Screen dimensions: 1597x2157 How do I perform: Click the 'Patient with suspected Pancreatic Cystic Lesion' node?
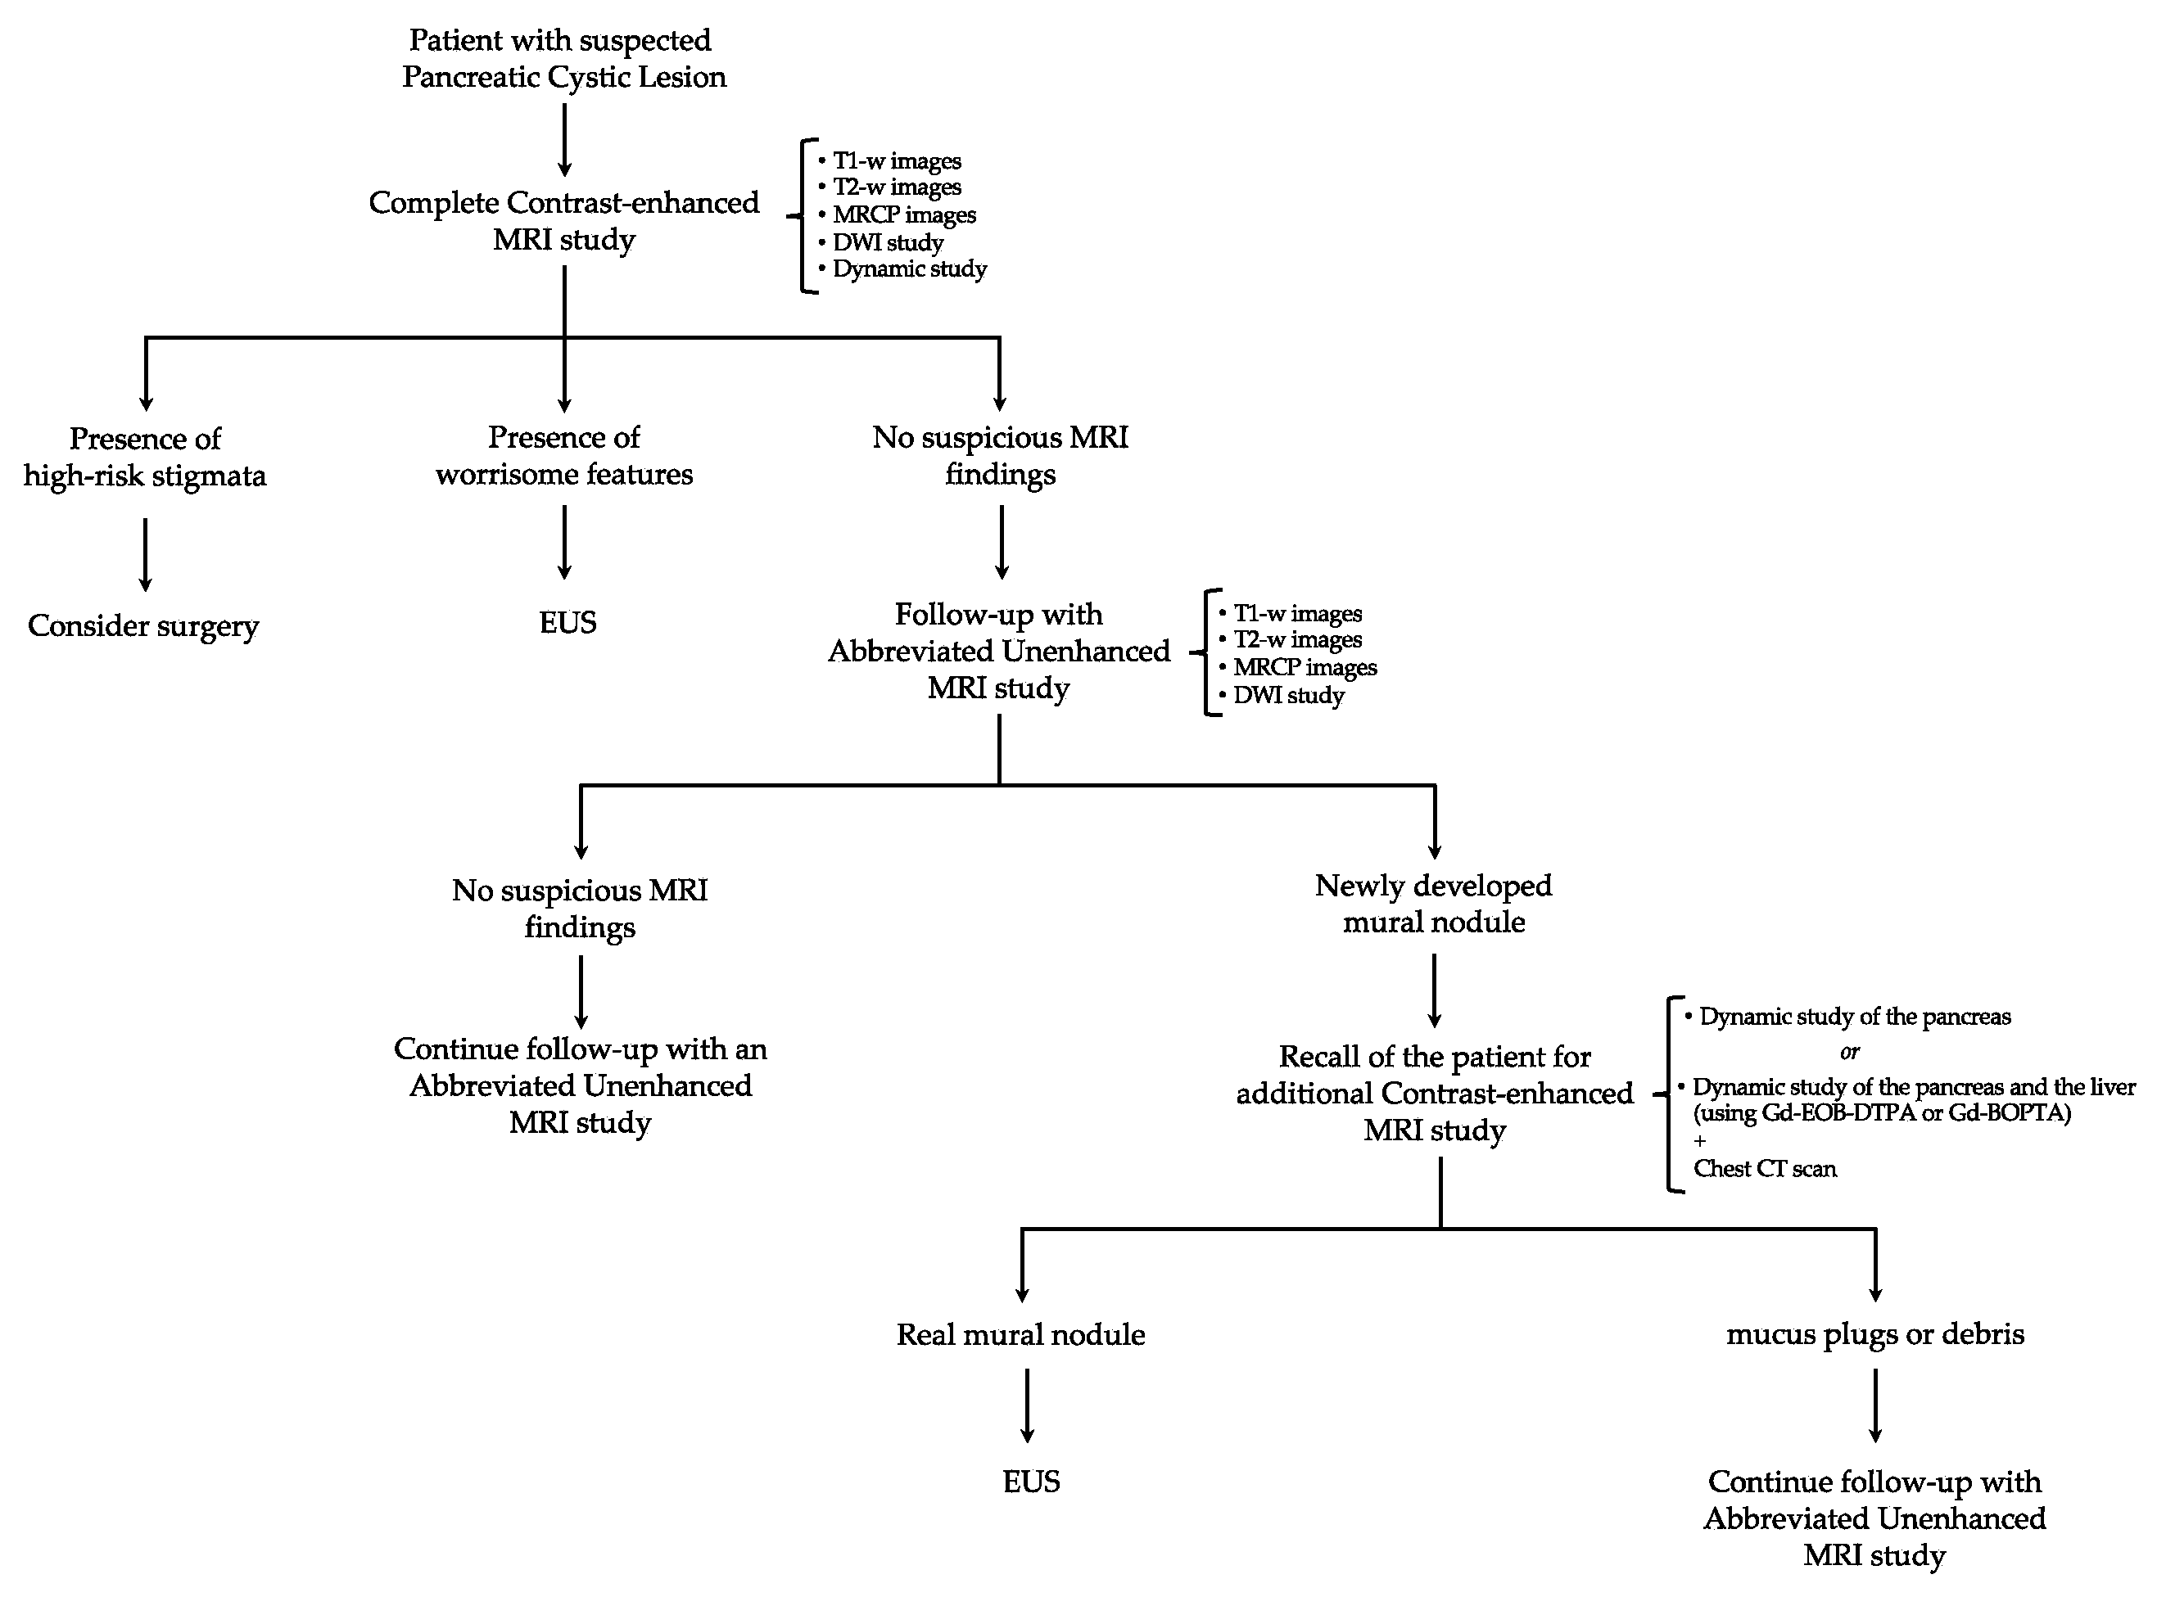(x=563, y=58)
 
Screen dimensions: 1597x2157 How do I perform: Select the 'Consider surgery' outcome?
(x=143, y=625)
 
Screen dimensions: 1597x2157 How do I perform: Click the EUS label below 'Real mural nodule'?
(x=1031, y=1481)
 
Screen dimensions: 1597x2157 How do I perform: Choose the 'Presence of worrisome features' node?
(x=563, y=455)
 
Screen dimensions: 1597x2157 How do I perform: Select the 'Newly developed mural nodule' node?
(x=1434, y=904)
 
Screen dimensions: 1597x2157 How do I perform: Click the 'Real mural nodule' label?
(x=1020, y=1334)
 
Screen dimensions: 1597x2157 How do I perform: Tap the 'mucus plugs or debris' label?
(x=1874, y=1334)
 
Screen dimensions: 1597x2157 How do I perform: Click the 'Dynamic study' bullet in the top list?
(x=909, y=268)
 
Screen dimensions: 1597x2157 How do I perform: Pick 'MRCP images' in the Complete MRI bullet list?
(x=904, y=214)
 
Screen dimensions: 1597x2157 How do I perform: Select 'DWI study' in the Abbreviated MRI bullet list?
(x=1288, y=695)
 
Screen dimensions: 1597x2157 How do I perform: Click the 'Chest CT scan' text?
(x=1765, y=1169)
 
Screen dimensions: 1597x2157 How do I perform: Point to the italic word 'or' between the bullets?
(x=1848, y=1052)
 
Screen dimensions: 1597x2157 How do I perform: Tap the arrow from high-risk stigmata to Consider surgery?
(x=145, y=554)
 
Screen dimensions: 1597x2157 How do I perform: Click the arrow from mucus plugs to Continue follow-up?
(x=1875, y=1406)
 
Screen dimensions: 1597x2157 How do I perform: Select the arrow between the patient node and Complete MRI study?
(x=564, y=140)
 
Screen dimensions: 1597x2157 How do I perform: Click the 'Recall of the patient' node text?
(x=1434, y=1094)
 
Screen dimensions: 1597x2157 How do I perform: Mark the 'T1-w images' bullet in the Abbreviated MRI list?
(x=1296, y=614)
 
